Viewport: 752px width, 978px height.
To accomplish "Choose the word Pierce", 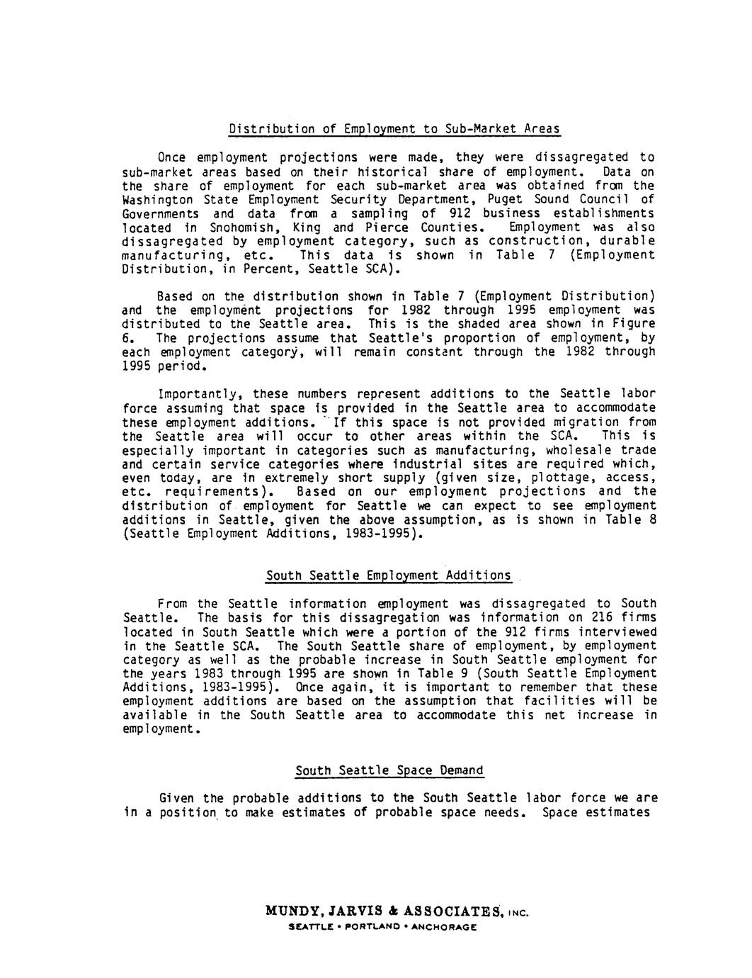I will (x=385, y=227).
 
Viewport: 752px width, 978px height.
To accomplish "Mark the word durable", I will (x=629, y=241).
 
